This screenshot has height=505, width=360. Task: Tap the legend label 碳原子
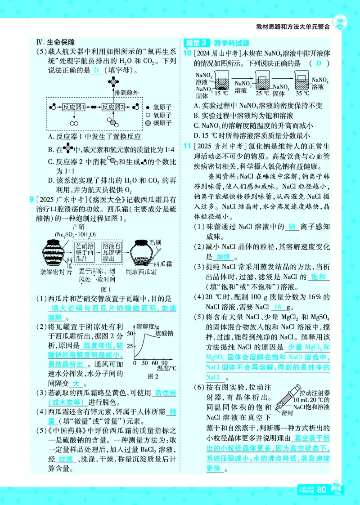(162, 123)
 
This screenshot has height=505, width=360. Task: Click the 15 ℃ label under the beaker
(221, 94)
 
